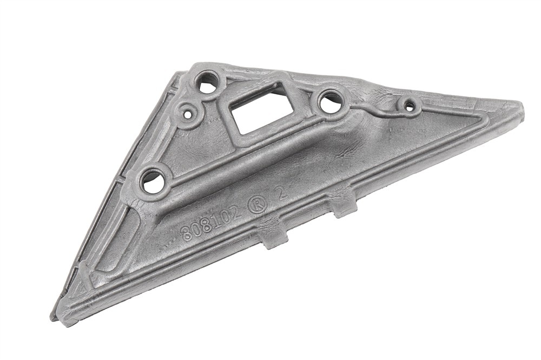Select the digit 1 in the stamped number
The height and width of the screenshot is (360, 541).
tap(217, 220)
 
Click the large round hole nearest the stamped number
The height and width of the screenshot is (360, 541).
tap(152, 181)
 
